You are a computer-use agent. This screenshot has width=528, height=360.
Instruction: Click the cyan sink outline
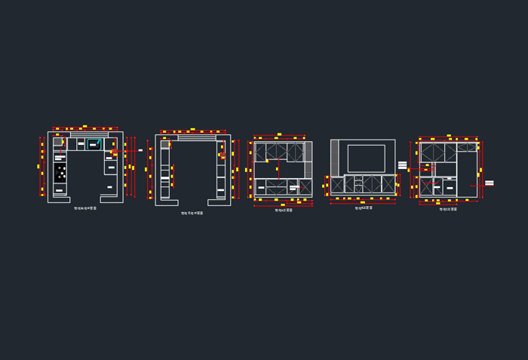point(93,143)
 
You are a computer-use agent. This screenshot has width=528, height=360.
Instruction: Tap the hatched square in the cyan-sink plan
point(58,141)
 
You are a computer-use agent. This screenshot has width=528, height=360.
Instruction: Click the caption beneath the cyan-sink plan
point(85,208)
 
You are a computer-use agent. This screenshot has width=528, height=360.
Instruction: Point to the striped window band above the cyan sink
point(89,134)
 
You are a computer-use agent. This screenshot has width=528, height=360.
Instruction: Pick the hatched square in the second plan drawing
point(165,144)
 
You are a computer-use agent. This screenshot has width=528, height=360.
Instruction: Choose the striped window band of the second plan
point(197,137)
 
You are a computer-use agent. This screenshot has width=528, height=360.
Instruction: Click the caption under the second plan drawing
point(192,213)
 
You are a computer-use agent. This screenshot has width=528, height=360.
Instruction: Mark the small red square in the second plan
point(223,155)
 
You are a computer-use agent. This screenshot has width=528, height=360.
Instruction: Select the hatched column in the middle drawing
point(308,151)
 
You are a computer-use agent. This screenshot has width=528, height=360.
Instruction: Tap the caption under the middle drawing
point(284,210)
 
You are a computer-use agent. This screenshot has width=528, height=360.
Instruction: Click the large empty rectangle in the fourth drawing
point(366,158)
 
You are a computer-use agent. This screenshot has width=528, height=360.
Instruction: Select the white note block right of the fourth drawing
point(402,165)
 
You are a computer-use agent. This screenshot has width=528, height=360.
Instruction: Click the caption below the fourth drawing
point(364,208)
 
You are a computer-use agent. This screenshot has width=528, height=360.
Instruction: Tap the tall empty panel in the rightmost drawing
point(467,174)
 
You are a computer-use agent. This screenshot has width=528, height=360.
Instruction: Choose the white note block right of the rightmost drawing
point(490,183)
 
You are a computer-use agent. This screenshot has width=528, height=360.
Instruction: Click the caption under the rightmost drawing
point(448,209)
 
